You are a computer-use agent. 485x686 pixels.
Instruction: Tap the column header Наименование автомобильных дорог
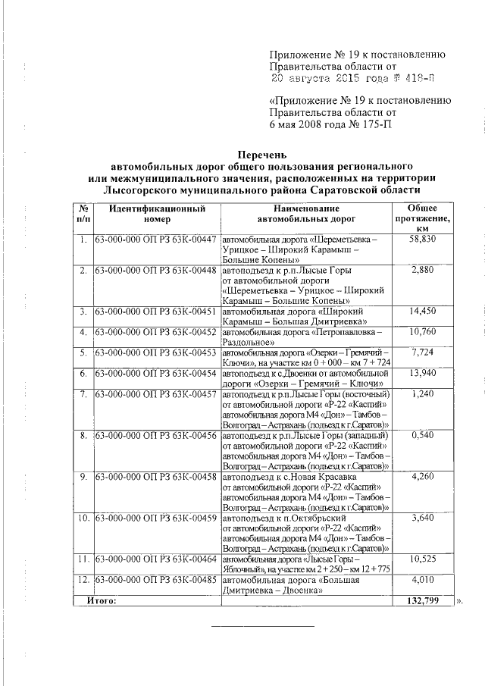tap(306, 214)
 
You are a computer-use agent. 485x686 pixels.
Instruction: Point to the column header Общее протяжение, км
tap(422, 218)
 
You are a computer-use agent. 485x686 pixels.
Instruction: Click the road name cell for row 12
tap(306, 585)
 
